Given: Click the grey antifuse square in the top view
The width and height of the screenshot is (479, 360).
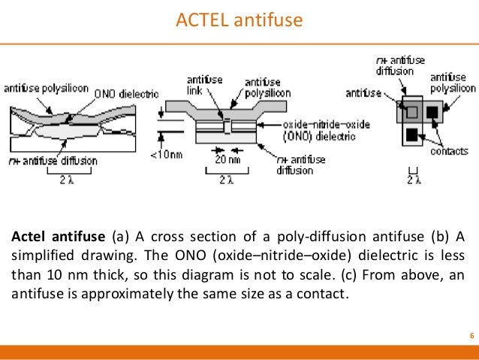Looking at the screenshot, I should (411, 113).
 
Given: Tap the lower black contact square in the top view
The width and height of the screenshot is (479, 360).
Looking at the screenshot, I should (411, 135).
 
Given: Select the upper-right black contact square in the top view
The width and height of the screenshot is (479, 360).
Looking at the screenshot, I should (432, 113).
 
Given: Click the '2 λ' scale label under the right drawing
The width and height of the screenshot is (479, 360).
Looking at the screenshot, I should (414, 180).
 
